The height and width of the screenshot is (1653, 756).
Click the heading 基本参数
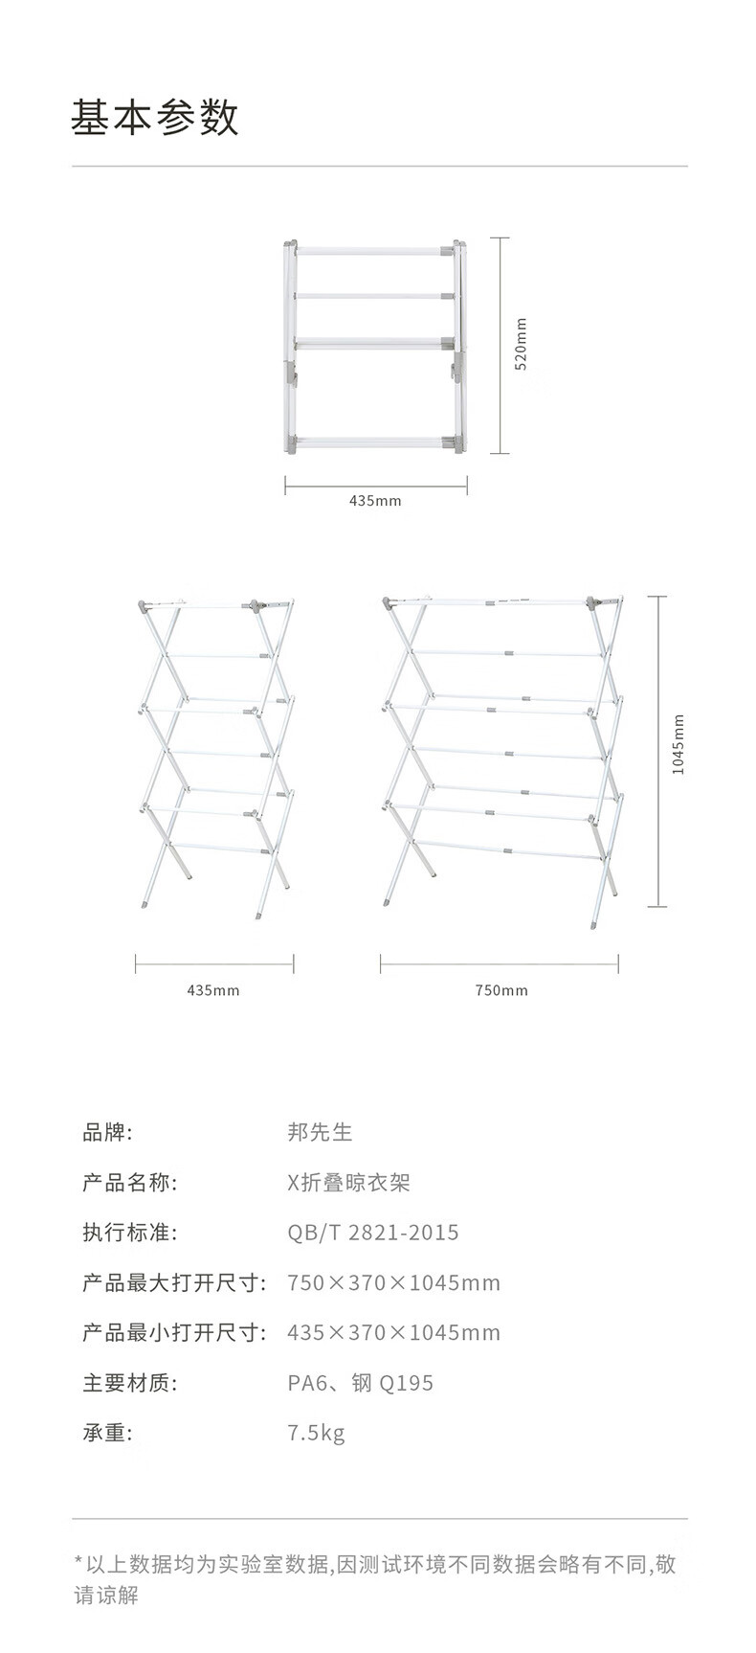click(154, 118)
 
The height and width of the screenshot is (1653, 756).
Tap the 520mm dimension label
click(522, 346)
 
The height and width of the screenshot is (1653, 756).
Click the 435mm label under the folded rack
click(375, 501)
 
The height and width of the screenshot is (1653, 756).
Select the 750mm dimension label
click(501, 990)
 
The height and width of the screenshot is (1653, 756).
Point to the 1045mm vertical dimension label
click(678, 745)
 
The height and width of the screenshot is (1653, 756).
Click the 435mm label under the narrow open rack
click(212, 990)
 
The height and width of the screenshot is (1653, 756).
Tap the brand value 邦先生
click(320, 1132)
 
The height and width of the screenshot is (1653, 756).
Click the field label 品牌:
click(107, 1132)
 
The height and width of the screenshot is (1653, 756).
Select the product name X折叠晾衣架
click(348, 1183)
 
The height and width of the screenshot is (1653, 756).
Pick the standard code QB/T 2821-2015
click(372, 1233)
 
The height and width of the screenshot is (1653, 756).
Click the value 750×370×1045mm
click(393, 1283)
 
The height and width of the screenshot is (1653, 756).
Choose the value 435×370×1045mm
click(393, 1333)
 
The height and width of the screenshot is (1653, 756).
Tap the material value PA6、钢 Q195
click(360, 1383)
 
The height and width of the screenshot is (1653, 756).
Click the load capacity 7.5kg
click(316, 1434)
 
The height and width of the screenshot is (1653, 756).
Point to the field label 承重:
click(107, 1434)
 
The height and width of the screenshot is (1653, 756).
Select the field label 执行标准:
click(129, 1233)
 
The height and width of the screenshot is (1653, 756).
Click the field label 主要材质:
click(129, 1383)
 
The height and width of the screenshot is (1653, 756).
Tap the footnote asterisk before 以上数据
click(78, 1563)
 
